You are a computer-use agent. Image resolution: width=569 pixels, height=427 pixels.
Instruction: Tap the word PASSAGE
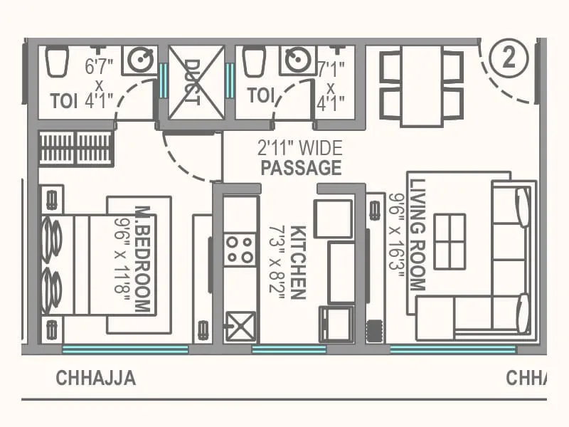coord(301,169)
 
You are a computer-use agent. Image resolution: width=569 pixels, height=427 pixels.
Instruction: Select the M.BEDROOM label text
coord(143,260)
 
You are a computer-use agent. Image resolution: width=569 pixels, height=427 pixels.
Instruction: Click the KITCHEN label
coord(299,263)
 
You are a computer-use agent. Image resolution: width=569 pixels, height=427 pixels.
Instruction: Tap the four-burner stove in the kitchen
coord(240,249)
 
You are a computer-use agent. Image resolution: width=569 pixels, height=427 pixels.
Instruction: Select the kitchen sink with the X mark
coord(240,327)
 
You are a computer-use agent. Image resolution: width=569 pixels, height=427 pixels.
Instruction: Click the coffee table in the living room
coord(450,241)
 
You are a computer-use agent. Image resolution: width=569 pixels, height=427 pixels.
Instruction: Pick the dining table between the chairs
coord(422,85)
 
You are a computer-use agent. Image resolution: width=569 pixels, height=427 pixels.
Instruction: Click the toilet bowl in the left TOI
coord(56,62)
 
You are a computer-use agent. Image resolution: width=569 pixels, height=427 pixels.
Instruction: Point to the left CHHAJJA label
coord(95,378)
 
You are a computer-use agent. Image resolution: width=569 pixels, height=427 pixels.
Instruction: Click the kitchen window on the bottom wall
coord(289,349)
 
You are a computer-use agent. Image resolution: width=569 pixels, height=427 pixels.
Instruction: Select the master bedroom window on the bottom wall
coord(125,349)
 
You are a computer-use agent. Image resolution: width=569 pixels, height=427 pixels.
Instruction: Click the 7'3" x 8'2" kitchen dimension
coord(277,263)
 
